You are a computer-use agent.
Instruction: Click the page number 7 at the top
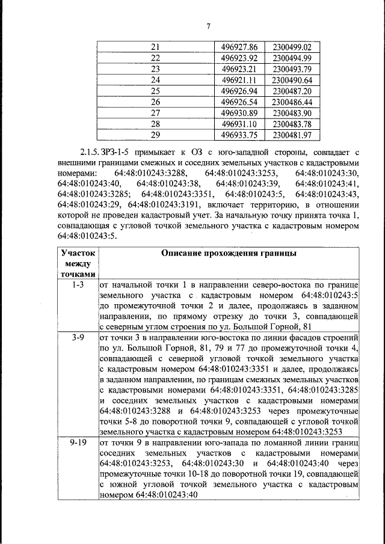coord(208,26)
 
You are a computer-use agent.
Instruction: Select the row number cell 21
coord(155,47)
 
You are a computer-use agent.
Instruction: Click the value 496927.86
coord(239,47)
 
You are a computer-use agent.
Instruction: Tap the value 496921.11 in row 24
coord(239,80)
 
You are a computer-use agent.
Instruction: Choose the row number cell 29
coord(155,135)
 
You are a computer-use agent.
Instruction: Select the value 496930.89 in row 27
coord(239,113)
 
